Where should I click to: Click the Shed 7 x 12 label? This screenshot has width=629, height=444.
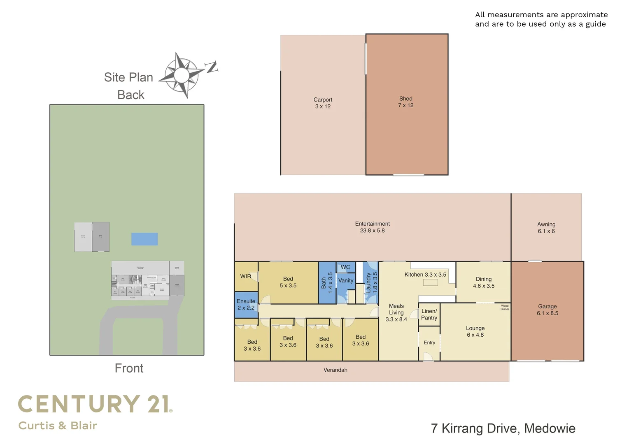[405, 102]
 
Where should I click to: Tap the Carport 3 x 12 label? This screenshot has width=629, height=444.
[323, 103]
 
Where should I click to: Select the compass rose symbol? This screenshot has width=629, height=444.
[182, 75]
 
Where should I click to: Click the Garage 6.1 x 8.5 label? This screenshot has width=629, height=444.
[547, 310]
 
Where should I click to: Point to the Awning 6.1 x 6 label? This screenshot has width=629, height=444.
[546, 228]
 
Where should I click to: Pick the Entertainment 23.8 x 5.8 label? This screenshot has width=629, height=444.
[372, 227]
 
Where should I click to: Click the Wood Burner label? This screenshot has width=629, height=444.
[505, 308]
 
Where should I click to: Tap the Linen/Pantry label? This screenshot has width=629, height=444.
[429, 314]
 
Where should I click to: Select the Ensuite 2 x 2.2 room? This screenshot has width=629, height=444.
[246, 305]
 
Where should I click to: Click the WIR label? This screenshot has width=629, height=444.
[245, 276]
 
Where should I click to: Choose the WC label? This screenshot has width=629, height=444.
[345, 267]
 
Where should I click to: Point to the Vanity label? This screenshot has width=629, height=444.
[346, 280]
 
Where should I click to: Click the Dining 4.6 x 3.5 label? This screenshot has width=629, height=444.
[484, 282]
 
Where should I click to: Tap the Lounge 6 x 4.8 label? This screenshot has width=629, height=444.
[475, 331]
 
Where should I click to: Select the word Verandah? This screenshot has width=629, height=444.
[335, 370]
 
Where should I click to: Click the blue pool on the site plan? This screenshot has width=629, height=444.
[144, 239]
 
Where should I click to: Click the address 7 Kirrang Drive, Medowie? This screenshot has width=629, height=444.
[503, 428]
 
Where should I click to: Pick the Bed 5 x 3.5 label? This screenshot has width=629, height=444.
[288, 282]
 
